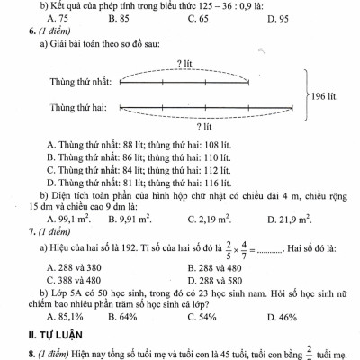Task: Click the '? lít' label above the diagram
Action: tap(186, 63)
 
